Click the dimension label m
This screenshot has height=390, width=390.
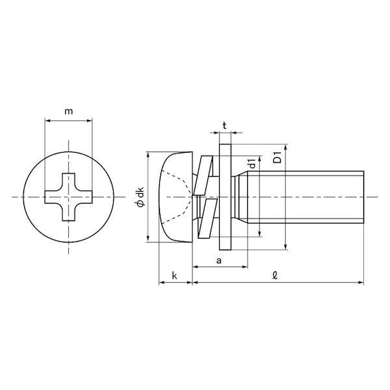(69, 111)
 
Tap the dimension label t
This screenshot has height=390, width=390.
(225, 126)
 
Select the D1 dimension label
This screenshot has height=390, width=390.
(278, 157)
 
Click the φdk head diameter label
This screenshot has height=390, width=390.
(141, 197)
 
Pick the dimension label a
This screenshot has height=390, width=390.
(219, 261)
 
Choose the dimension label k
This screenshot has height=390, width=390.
(175, 276)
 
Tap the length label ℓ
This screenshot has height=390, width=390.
(275, 276)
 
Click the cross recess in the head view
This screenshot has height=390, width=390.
(68, 197)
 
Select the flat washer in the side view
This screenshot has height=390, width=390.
(225, 197)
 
